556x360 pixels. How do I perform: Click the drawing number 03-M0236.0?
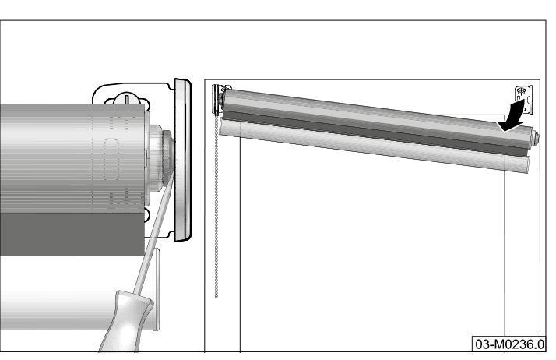pyautogui.click(x=509, y=344)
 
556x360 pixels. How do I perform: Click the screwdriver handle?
pyautogui.click(x=125, y=322)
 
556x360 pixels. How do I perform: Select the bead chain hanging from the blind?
pyautogui.click(x=216, y=206)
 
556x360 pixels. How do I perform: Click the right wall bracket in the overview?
pyautogui.click(x=524, y=100)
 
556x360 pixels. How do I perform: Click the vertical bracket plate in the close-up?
pyautogui.click(x=183, y=161)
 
